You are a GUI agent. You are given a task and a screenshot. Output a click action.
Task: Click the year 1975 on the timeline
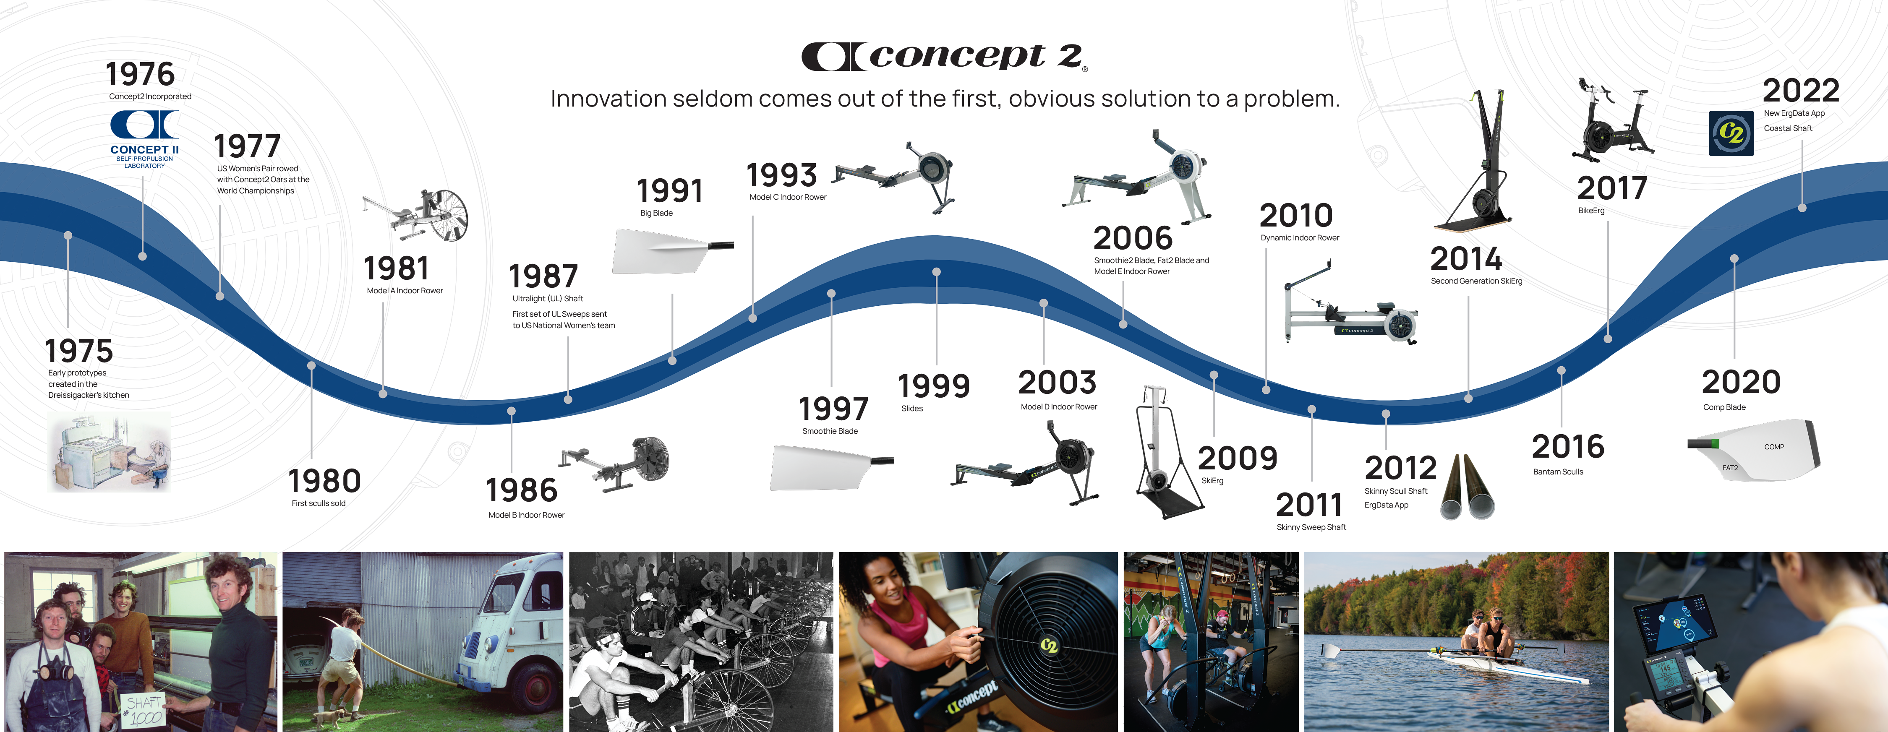79,351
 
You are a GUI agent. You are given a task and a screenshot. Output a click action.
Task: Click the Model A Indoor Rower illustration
415,215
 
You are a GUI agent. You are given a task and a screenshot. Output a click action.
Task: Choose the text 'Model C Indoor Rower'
788,197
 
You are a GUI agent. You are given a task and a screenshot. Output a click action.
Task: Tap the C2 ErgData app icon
1731,133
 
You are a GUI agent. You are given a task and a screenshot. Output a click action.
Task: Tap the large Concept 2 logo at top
944,56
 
